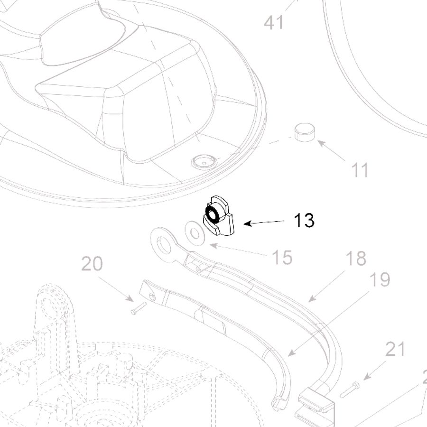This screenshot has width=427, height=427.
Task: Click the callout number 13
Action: [x=304, y=220]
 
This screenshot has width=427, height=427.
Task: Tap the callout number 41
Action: [x=274, y=22]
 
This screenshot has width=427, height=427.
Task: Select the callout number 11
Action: [x=360, y=170]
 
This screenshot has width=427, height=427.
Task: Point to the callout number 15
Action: [x=282, y=257]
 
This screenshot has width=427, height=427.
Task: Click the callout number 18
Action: [x=356, y=258]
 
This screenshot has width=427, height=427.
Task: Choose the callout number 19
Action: [x=380, y=279]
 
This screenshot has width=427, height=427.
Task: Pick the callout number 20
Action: [x=92, y=263]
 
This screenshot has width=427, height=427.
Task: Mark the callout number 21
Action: [x=395, y=349]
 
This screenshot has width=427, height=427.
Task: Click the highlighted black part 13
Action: [x=218, y=216]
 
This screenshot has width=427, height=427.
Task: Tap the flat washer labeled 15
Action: [x=195, y=233]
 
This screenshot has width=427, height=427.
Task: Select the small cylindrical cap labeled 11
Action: [x=305, y=132]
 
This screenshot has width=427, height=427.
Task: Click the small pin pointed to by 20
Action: [x=139, y=308]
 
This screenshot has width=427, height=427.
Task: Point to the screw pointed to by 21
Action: [x=349, y=390]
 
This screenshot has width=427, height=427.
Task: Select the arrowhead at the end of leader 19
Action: [x=292, y=353]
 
